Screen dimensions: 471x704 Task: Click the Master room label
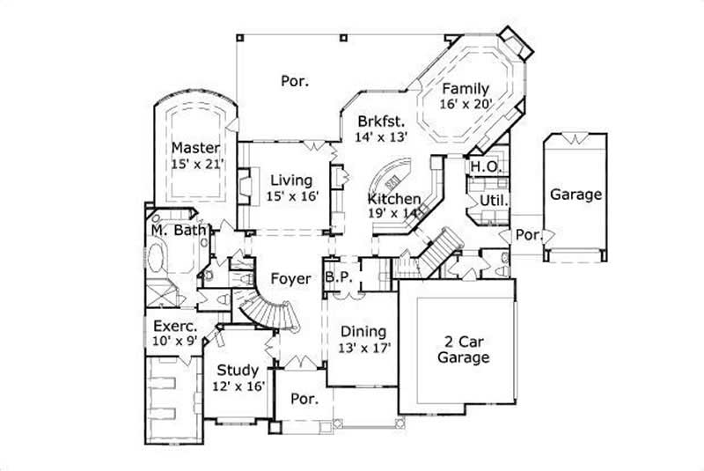click(x=194, y=147)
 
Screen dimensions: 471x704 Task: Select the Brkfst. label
click(x=380, y=121)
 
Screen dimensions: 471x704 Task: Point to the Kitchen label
click(x=393, y=199)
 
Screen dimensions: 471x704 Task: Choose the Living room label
click(x=291, y=180)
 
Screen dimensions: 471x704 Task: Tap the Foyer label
click(x=291, y=279)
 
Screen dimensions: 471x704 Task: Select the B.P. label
click(x=339, y=277)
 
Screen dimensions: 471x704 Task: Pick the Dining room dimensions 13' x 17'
click(x=363, y=348)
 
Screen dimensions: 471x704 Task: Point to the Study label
click(x=238, y=371)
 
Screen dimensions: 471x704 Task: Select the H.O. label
click(x=486, y=166)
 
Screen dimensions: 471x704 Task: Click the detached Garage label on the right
click(x=576, y=195)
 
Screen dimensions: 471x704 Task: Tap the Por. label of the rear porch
click(x=294, y=81)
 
